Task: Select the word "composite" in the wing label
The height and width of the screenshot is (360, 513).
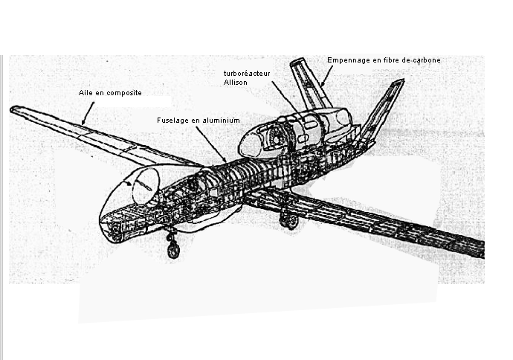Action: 124,93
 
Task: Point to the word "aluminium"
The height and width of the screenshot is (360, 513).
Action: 222,120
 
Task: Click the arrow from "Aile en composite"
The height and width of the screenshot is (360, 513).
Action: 88,112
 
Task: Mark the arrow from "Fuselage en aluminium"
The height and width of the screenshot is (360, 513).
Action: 213,142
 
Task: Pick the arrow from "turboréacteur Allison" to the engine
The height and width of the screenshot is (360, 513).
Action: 286,100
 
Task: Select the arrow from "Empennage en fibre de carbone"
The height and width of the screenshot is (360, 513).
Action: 327,75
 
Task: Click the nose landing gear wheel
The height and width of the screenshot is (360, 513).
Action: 173,251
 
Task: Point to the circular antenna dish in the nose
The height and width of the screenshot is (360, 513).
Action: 145,186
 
